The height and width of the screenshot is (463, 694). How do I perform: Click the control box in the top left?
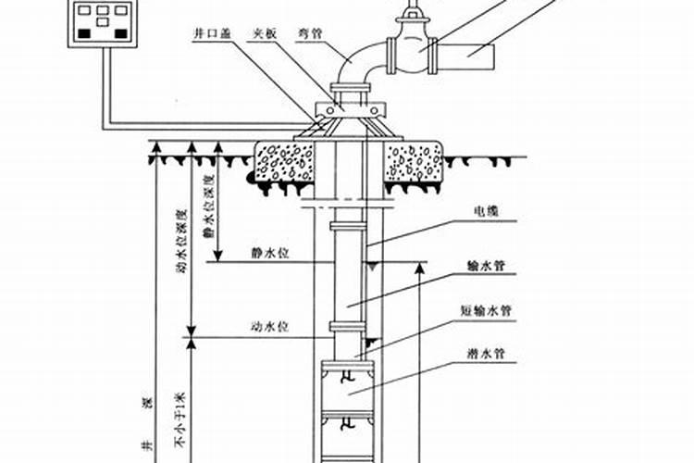click(x=100, y=19)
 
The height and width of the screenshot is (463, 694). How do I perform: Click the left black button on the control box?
click(x=83, y=33)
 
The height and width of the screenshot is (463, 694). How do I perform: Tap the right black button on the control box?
click(x=119, y=33)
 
